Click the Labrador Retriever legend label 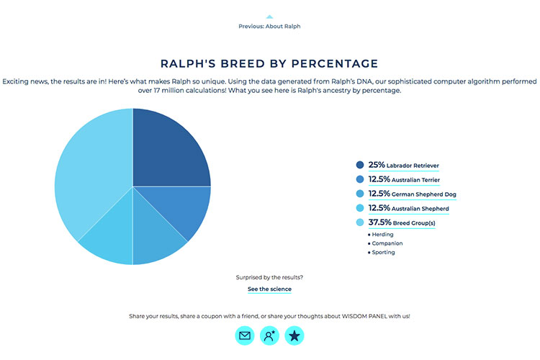404,166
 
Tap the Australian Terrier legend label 404,179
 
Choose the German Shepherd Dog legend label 413,194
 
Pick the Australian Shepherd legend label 408,208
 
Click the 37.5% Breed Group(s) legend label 402,222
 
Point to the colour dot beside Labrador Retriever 360,165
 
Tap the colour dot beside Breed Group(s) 360,222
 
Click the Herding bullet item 381,234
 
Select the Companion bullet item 385,243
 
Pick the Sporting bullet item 381,252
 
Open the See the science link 270,289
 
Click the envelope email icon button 245,336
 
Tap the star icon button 294,336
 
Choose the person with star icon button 270,336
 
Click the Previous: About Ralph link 270,26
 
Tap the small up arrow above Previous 270,17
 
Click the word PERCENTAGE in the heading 335,63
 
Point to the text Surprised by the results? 270,277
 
